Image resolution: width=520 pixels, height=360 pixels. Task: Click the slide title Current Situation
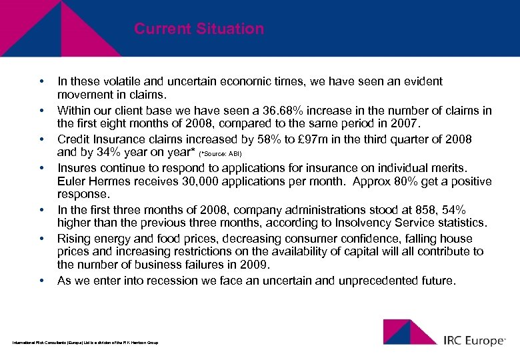(199, 29)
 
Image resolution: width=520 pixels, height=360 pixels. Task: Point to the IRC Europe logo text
(474, 341)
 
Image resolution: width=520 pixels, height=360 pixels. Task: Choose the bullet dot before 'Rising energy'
(41, 238)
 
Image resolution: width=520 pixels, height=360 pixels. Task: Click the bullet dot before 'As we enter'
(41, 281)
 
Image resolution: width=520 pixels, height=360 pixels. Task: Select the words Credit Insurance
(100, 139)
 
